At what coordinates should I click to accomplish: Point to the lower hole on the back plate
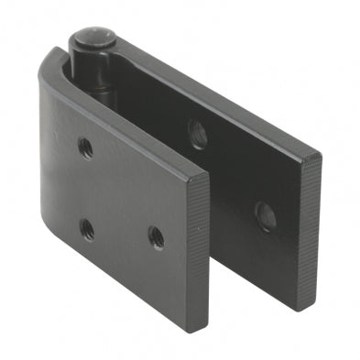(265, 215)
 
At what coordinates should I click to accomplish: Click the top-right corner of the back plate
(317, 158)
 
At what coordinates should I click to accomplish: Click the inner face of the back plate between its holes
(229, 174)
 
